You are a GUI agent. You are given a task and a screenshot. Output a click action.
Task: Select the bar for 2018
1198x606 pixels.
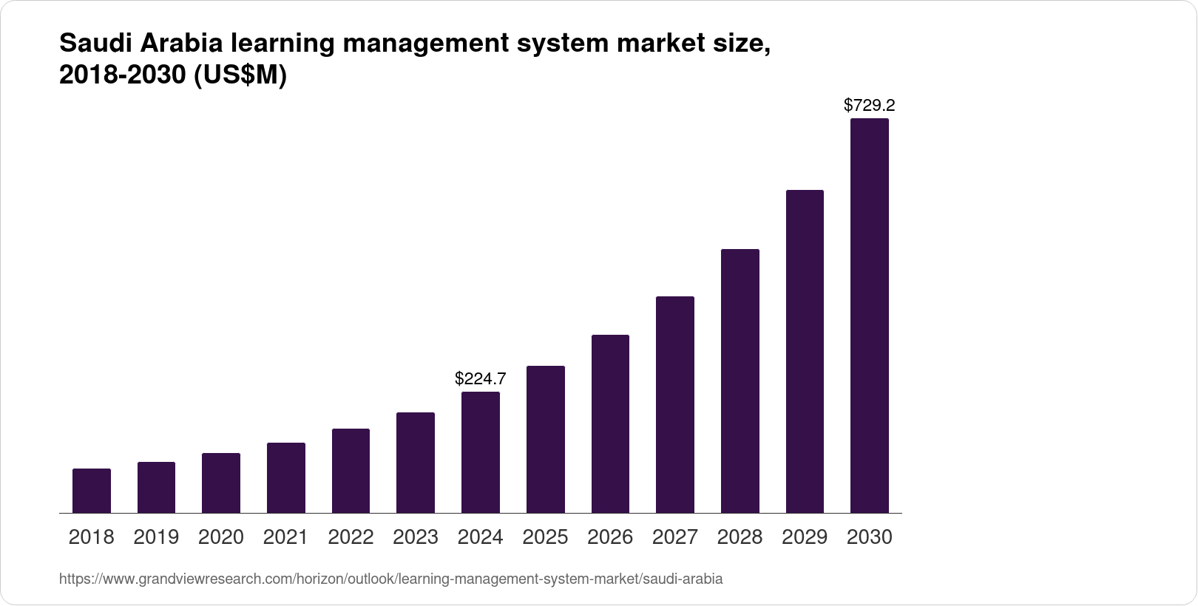coord(92,491)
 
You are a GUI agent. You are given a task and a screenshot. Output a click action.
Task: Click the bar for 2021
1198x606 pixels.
coord(286,477)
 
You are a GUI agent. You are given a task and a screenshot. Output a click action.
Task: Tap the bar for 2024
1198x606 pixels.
coord(481,452)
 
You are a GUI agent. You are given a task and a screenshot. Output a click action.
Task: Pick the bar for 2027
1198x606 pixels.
coord(675,404)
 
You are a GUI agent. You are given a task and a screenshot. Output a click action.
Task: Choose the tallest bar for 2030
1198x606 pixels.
coord(870,316)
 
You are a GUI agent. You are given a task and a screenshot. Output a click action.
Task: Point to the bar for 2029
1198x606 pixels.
coord(805,351)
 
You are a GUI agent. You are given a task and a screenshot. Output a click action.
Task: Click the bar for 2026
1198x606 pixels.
coord(610,423)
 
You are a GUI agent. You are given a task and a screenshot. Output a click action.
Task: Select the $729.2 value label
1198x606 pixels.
coord(870,105)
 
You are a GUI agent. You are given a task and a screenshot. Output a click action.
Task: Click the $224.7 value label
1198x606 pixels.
coord(481,379)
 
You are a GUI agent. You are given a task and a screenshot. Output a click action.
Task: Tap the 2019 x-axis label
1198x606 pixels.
coord(156,537)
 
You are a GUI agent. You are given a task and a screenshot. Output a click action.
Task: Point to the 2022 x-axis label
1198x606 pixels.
coord(351,537)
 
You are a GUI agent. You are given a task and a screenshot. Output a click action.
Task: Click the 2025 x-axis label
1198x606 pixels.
coord(545,537)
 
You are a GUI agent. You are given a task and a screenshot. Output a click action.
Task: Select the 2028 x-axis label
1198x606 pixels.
coord(740,537)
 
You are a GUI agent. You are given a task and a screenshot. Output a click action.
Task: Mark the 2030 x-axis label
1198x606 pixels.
coord(870,537)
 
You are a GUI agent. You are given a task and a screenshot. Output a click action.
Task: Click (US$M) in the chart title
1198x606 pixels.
coord(240,76)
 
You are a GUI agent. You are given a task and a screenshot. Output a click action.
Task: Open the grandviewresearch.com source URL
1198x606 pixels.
coord(390,579)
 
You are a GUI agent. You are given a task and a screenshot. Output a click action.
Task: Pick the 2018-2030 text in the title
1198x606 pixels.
coord(122,76)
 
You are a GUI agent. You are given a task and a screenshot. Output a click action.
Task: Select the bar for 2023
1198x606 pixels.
coord(416,463)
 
